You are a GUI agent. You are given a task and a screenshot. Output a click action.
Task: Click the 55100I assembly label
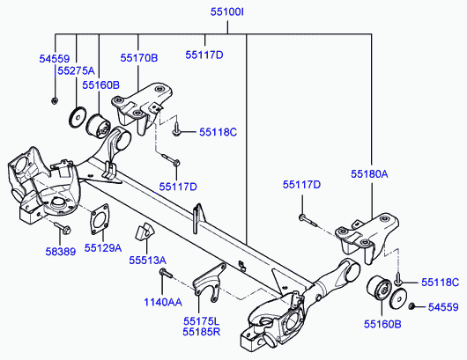(227, 12)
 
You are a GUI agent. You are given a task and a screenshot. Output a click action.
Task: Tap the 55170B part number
(139, 58)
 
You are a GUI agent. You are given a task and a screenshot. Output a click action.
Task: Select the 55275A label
(76, 70)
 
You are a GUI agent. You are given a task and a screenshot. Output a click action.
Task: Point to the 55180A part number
(369, 173)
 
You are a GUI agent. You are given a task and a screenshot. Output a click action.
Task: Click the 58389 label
(61, 252)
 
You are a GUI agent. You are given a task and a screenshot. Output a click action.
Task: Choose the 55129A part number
(103, 248)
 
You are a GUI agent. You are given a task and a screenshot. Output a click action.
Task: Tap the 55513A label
(147, 261)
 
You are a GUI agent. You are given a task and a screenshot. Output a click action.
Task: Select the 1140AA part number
(163, 302)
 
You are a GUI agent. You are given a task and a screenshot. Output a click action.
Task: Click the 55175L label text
(201, 321)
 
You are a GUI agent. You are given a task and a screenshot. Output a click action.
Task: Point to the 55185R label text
(201, 332)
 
